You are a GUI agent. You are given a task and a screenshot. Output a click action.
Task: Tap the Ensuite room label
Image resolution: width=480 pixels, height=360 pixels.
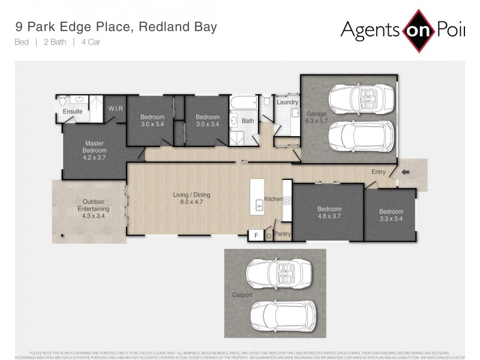[73, 111]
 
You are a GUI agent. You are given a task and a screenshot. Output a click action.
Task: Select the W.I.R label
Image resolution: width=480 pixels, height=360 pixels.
[115, 108]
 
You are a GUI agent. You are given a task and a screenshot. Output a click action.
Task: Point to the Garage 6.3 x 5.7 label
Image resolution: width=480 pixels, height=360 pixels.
[316, 117]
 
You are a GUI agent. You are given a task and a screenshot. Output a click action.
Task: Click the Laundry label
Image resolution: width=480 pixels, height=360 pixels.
[287, 102]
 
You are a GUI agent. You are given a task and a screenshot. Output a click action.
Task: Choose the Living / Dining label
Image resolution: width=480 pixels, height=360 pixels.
[191, 199]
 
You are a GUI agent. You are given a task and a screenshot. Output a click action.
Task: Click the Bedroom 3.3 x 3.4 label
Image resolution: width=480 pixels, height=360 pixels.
[391, 215]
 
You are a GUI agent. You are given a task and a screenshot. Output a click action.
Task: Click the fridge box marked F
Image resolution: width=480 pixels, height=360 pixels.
[257, 235]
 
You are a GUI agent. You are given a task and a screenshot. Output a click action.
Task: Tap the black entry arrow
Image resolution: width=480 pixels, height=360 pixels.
[405, 172]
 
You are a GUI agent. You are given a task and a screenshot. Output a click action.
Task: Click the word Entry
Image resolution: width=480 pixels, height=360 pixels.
[378, 172]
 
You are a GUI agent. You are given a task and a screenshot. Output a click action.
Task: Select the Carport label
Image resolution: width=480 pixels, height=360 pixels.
[242, 295]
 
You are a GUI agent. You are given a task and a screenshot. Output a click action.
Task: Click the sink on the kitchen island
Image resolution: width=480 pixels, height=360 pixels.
[260, 206]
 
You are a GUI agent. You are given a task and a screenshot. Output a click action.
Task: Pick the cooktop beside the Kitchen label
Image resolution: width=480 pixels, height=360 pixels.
[287, 200]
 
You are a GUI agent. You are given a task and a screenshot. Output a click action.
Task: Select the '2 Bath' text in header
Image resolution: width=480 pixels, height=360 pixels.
[54, 42]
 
